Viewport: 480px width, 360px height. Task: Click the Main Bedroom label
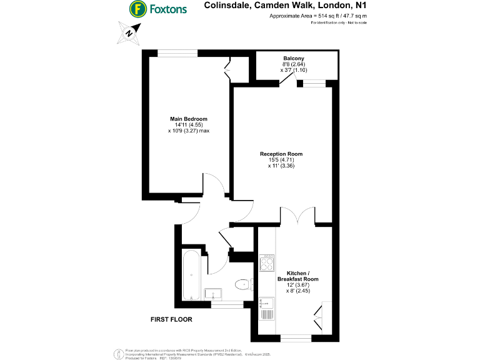pos(188,119)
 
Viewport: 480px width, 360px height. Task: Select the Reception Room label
pos(285,154)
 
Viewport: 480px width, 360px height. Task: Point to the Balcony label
pos(294,59)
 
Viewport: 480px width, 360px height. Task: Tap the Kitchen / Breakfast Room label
pos(302,276)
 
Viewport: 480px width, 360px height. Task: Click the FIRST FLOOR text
pos(171,319)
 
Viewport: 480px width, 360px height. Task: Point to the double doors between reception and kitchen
pos(298,216)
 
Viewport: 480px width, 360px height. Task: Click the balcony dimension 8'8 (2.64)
pos(293,64)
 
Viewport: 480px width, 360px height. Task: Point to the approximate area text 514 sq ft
pos(317,17)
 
